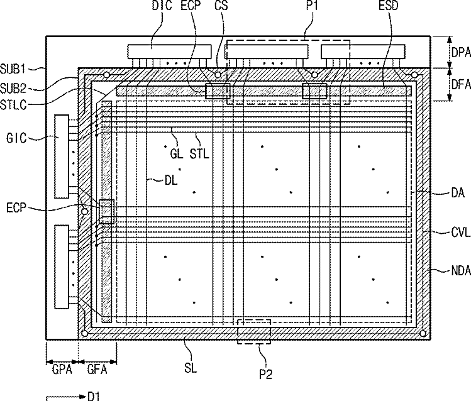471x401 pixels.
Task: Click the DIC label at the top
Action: pos(162,5)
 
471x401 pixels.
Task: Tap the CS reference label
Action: pos(221,5)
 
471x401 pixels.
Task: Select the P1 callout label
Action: pos(312,5)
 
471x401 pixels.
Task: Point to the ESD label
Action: pos(389,5)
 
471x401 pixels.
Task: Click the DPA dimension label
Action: pos(461,53)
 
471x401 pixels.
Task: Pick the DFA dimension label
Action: pos(461,85)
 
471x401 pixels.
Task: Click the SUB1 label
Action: pos(13,69)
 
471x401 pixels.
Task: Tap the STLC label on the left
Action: pos(13,105)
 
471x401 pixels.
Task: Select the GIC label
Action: pos(16,138)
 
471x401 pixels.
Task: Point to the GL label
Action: pos(177,154)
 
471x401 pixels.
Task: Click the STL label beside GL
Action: pos(199,154)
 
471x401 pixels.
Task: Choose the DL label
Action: pos(171,180)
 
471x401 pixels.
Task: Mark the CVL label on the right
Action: pos(461,233)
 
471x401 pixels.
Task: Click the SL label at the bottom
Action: pos(191,368)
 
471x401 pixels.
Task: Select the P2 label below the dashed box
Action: pos(266,374)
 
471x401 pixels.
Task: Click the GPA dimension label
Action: pos(62,369)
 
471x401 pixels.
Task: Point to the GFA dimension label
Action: pos(97,369)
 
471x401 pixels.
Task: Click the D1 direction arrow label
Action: pos(94,396)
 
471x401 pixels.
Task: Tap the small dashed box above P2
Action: pos(254,320)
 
